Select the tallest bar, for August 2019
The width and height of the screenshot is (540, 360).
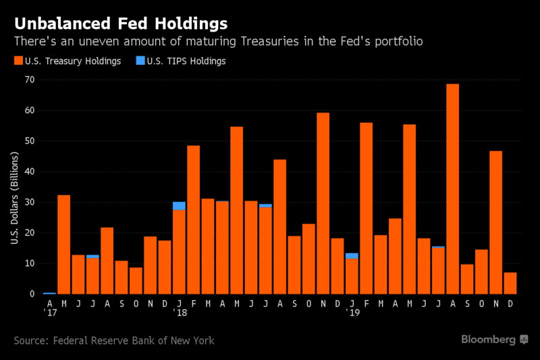point(452,189)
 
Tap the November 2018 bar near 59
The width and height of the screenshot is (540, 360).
point(323,203)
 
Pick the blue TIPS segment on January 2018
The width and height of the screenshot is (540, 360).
point(179,206)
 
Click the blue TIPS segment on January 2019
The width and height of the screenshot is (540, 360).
point(352,256)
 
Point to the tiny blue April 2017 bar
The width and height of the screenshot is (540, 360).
point(49,293)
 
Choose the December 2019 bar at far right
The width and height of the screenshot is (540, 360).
point(510,283)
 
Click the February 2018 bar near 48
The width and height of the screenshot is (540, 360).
point(193,220)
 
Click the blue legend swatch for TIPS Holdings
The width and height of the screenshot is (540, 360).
point(140,61)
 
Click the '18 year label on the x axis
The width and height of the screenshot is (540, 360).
point(180,314)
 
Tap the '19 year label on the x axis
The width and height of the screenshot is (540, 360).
point(352,314)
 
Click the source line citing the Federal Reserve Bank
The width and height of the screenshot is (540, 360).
point(114,340)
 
